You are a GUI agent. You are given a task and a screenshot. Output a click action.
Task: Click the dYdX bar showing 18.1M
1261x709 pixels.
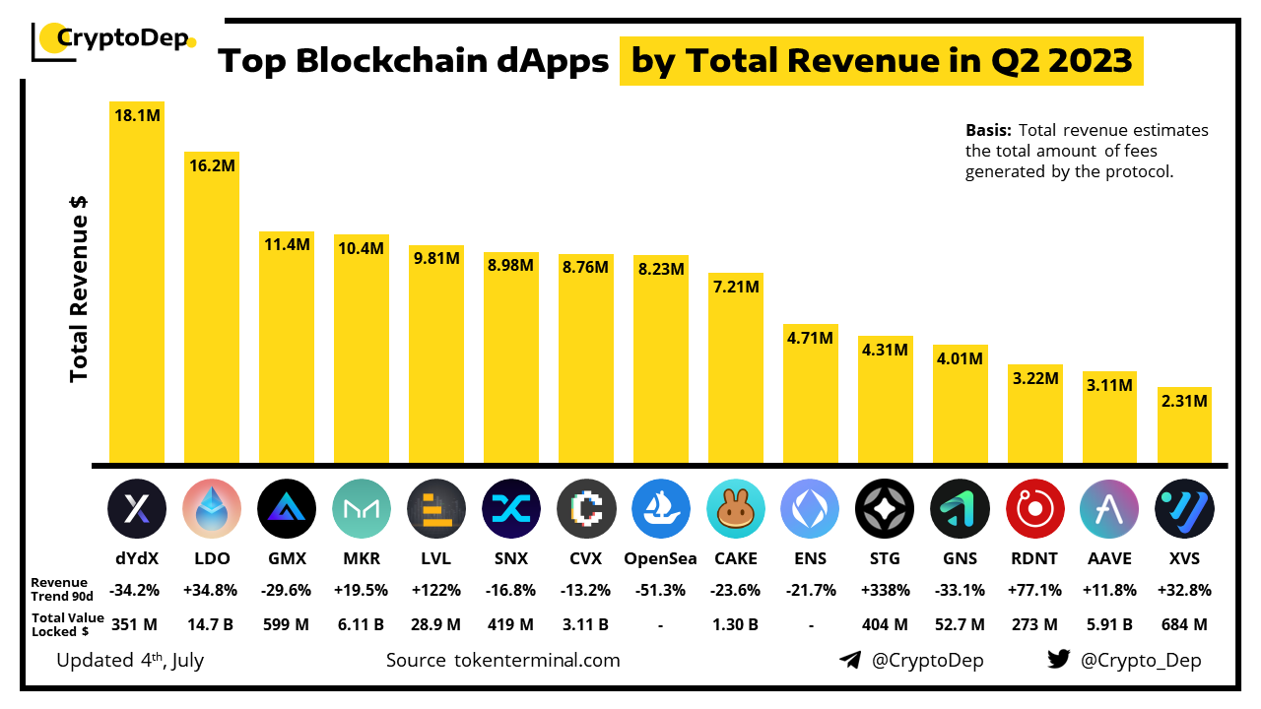(x=137, y=286)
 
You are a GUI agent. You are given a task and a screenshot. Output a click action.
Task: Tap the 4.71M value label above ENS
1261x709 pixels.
(x=810, y=339)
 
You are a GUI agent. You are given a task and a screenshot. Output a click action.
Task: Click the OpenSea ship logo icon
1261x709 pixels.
(x=661, y=508)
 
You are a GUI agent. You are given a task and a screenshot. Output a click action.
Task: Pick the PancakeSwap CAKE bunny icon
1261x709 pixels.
(x=736, y=508)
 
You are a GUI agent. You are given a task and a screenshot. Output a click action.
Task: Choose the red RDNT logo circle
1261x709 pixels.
(x=1034, y=508)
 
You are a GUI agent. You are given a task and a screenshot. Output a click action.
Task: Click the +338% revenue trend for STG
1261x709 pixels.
(x=885, y=591)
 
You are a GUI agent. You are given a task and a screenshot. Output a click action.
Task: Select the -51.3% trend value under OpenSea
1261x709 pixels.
(x=661, y=591)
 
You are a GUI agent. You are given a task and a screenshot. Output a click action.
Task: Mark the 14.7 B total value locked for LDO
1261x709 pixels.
(x=212, y=624)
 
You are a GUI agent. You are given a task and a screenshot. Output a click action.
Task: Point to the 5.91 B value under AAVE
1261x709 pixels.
(x=1108, y=624)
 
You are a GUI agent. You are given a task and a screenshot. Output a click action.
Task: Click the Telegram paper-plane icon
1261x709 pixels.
(x=850, y=660)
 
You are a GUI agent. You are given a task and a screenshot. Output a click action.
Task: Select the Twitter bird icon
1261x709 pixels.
(x=1059, y=660)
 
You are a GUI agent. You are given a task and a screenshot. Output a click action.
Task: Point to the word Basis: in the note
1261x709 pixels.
(x=989, y=130)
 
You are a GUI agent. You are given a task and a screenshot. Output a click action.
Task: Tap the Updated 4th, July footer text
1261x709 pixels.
(x=130, y=660)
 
